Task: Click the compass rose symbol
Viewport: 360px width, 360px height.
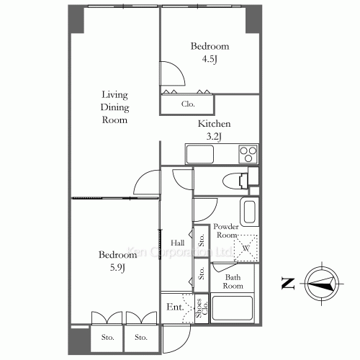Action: click(x=322, y=284)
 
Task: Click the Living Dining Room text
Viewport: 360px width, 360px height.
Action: click(x=114, y=107)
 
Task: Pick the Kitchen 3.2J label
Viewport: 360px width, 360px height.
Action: click(x=214, y=129)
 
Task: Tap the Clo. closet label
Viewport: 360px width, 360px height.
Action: click(x=188, y=104)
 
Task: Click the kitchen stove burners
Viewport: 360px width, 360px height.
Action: click(x=248, y=154)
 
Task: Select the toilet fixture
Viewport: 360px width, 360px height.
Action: click(x=232, y=180)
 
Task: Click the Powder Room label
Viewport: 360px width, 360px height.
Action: click(x=226, y=230)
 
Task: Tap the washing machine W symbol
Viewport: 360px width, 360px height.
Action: click(x=246, y=248)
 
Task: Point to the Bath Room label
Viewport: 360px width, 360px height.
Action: click(x=233, y=282)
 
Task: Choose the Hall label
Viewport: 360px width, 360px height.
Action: click(x=177, y=243)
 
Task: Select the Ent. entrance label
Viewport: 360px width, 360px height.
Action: click(x=175, y=307)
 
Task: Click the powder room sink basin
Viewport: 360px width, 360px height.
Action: click(x=248, y=213)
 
